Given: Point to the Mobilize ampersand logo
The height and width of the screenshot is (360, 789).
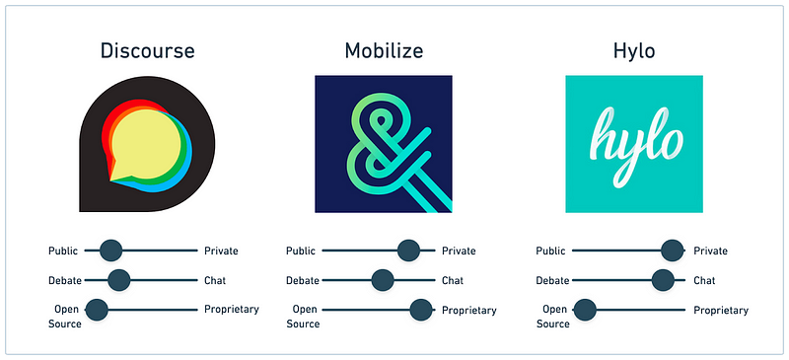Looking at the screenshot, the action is pos(383,144).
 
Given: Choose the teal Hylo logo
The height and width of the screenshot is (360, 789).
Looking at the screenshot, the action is pos(634,144).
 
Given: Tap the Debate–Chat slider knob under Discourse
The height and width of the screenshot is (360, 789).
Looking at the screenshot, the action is pos(118,280).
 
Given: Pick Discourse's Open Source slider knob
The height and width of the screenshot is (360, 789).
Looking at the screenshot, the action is pos(97,310).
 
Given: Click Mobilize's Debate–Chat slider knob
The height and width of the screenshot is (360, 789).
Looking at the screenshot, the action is pos(383,280).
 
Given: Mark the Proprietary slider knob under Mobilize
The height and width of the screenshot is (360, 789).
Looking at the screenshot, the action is pos(421,310).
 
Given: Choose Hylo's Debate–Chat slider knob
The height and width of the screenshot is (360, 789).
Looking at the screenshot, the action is pos(664,280).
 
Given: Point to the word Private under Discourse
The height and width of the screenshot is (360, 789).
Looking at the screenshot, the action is pos(221,252).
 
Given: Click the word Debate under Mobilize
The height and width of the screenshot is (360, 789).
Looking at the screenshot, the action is pos(303,280).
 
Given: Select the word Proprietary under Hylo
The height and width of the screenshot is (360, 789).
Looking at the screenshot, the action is pos(721,310).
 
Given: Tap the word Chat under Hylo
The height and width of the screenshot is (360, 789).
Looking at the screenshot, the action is pos(704,280).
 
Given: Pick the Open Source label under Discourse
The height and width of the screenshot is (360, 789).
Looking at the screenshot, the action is pos(65,316).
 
